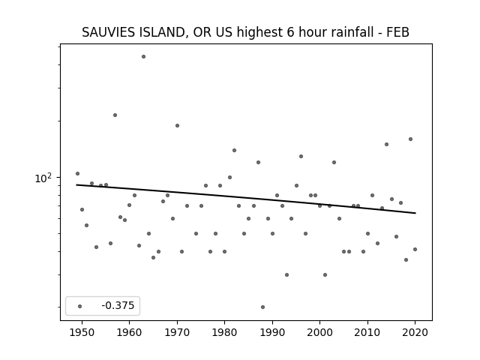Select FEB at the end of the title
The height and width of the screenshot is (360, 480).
pyautogui.click(x=397, y=32)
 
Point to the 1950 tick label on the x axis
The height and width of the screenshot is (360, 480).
pyautogui.click(x=82, y=333)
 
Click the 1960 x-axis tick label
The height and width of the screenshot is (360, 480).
pyautogui.click(x=129, y=333)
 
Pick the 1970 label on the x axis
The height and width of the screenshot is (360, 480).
pyautogui.click(x=177, y=333)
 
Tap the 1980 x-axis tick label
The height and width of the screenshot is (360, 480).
pyautogui.click(x=224, y=333)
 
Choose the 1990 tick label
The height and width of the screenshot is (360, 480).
pyautogui.click(x=272, y=333)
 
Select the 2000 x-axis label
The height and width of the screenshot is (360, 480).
pyautogui.click(x=319, y=333)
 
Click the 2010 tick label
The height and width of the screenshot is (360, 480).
pyautogui.click(x=367, y=333)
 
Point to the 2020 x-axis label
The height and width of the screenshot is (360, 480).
pyautogui.click(x=415, y=333)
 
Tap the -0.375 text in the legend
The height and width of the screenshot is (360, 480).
pyautogui.click(x=118, y=305)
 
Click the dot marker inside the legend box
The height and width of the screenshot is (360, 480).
pyautogui.click(x=80, y=306)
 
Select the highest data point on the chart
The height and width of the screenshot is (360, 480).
pyautogui.click(x=143, y=57)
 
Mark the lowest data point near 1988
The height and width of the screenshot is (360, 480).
pyautogui.click(x=262, y=307)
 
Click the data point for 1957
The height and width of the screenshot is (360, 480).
pyautogui.click(x=115, y=115)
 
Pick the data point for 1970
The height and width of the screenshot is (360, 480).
pyautogui.click(x=177, y=125)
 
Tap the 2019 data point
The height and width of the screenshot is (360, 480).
pyautogui.click(x=410, y=139)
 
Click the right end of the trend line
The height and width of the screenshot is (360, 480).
pyautogui.click(x=415, y=213)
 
